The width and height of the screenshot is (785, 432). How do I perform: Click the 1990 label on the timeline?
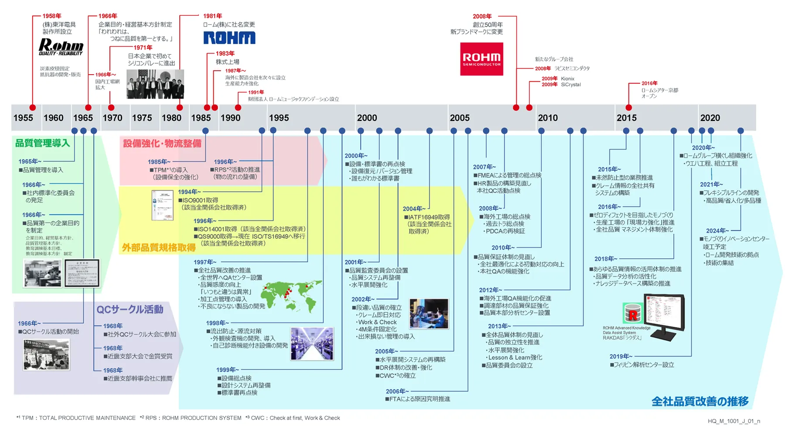tap(230, 118)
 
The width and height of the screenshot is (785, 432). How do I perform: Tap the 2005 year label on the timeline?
tap(460, 118)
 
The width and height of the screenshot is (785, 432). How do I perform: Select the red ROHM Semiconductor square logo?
tap(481, 59)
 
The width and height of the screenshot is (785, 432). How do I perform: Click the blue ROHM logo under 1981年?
tap(229, 38)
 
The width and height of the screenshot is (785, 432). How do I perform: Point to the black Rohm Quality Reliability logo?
tap(61, 47)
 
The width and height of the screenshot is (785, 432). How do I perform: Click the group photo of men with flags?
tap(155, 84)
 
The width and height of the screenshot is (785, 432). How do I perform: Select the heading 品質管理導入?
tap(42, 143)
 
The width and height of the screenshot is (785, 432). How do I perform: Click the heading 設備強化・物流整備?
tap(162, 144)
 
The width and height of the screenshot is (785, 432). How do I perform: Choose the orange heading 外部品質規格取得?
tap(158, 248)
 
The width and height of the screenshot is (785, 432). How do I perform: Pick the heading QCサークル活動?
tap(130, 309)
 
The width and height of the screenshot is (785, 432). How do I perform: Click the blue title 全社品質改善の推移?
tap(700, 401)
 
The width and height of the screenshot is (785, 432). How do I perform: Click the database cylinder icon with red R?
tap(632, 313)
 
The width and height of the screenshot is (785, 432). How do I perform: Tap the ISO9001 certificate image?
tap(162, 205)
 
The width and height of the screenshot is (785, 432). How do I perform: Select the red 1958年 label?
tap(51, 16)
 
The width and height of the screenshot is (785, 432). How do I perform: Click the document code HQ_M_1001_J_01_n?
tap(734, 421)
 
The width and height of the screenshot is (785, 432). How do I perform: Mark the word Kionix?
tap(567, 79)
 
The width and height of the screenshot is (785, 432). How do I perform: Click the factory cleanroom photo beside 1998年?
tap(312, 343)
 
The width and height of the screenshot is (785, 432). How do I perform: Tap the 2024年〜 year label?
tap(717, 231)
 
